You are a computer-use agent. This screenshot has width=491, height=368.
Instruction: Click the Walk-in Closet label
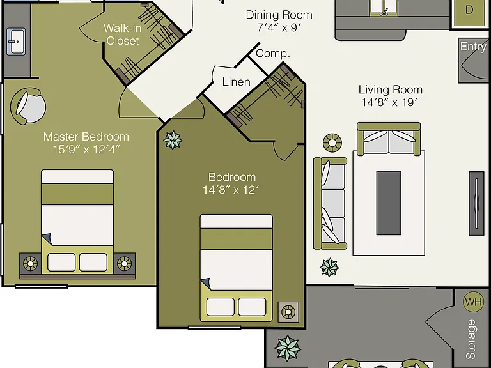coord(123,34)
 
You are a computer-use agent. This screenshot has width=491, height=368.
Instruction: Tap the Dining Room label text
coord(279,15)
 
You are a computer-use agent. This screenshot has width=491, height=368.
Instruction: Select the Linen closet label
coord(236,82)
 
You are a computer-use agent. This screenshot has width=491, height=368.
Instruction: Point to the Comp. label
coord(273,54)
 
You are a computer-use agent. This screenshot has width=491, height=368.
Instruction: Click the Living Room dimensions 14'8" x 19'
coord(390,102)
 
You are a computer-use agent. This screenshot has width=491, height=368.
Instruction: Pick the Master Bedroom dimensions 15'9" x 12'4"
coord(86,149)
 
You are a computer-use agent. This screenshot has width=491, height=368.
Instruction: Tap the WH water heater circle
coord(473,302)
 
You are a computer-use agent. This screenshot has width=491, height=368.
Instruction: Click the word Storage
coord(471,339)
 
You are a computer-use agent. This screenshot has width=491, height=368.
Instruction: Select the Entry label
coord(473,47)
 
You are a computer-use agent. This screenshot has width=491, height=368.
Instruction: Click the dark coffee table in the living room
coord(389,203)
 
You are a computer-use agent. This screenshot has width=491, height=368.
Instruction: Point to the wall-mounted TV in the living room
coord(476,203)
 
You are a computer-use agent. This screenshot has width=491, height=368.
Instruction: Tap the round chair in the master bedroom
coord(28,106)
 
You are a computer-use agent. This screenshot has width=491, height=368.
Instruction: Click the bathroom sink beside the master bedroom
coord(16,42)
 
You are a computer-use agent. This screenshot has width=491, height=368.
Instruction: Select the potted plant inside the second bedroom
coord(173,140)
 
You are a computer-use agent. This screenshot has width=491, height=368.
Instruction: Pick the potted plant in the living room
coord(329,268)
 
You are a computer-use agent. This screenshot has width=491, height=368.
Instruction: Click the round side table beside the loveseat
coord(332,143)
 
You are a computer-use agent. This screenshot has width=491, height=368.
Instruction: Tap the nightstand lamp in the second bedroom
coord(288,312)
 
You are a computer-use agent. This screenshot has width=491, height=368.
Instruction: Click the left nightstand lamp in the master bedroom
coord(31,264)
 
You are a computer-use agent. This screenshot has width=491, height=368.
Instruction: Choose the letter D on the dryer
coord(469,10)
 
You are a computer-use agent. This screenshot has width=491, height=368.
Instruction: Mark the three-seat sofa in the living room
coord(330,203)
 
